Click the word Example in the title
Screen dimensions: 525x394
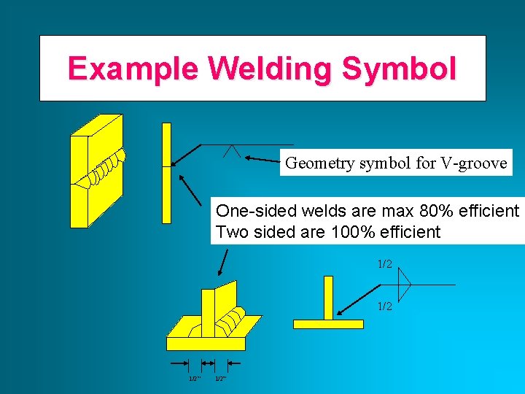pyautogui.click(x=133, y=69)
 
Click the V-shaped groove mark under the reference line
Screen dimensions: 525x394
pyautogui.click(x=233, y=151)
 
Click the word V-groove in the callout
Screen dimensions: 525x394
pyautogui.click(x=474, y=163)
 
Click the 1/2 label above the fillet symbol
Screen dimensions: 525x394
pyautogui.click(x=384, y=263)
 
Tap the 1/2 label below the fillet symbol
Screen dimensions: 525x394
pyautogui.click(x=384, y=306)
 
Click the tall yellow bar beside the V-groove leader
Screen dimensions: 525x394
pyautogui.click(x=166, y=172)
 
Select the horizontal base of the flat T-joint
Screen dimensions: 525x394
pyautogui.click(x=327, y=323)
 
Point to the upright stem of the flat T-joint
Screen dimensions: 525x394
pyautogui.click(x=328, y=297)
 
